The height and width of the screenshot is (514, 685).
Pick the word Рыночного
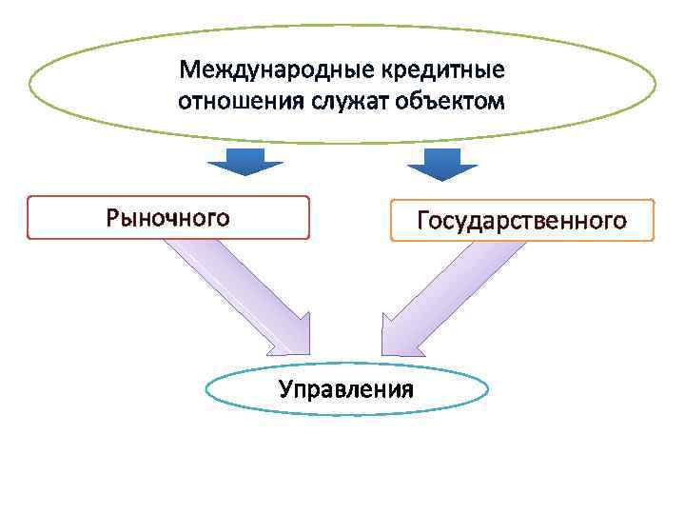[167, 218]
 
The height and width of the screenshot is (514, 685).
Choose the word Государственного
[521, 222]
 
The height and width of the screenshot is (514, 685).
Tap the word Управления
[346, 389]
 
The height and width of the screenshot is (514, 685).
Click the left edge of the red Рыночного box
[29, 218]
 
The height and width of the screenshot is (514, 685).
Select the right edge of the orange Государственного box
[655, 220]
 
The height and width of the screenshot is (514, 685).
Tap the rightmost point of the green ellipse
[656, 86]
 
